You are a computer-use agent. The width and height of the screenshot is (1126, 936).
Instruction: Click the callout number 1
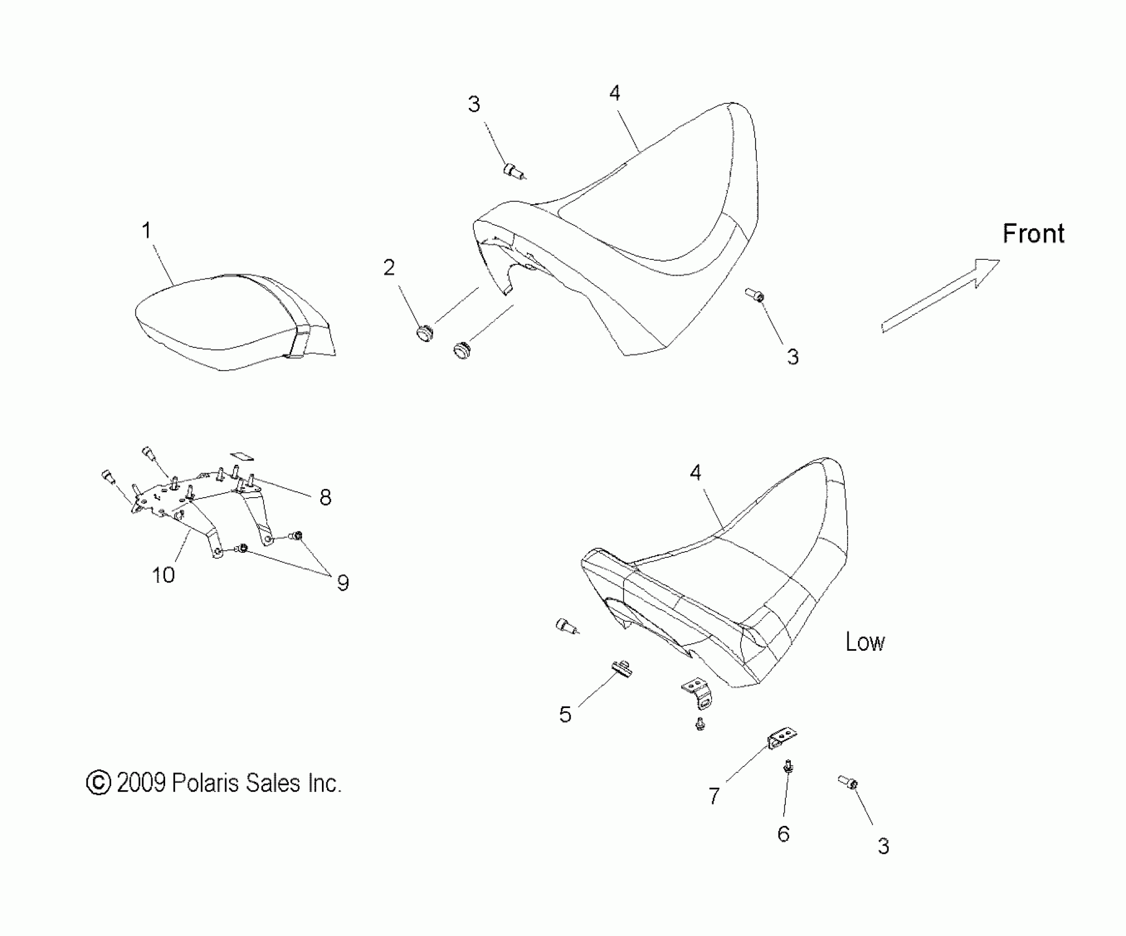pyautogui.click(x=146, y=231)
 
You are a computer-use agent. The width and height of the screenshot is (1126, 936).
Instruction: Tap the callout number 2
pyautogui.click(x=389, y=268)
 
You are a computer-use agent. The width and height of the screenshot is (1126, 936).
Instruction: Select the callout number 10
pyautogui.click(x=163, y=575)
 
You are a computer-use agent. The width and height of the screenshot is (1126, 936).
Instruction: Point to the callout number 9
pyautogui.click(x=343, y=583)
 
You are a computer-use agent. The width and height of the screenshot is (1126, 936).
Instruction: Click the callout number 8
pyautogui.click(x=325, y=498)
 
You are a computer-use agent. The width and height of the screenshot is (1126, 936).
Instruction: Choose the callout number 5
pyautogui.click(x=565, y=715)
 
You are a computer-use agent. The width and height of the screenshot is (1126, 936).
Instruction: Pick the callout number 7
pyautogui.click(x=714, y=796)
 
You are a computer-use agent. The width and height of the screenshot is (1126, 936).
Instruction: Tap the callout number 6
pyautogui.click(x=784, y=834)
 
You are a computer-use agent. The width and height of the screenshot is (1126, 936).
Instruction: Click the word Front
pyautogui.click(x=1033, y=233)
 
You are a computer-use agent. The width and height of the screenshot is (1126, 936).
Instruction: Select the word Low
pyautogui.click(x=865, y=642)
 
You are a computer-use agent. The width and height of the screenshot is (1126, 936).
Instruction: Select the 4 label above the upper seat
pyautogui.click(x=615, y=93)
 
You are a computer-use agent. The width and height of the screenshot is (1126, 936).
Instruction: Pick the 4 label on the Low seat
pyautogui.click(x=696, y=472)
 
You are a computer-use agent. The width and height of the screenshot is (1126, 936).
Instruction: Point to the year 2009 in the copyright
pyautogui.click(x=141, y=782)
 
